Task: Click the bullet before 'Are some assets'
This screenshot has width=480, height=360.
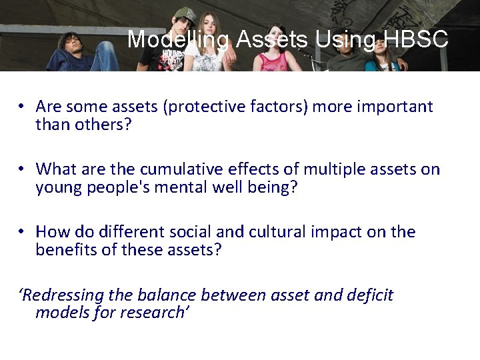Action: (x=22, y=107)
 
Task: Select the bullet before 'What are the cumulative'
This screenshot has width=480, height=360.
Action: (x=22, y=169)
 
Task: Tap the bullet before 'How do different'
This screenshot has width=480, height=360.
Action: (x=22, y=232)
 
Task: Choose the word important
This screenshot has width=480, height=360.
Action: (x=395, y=107)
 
